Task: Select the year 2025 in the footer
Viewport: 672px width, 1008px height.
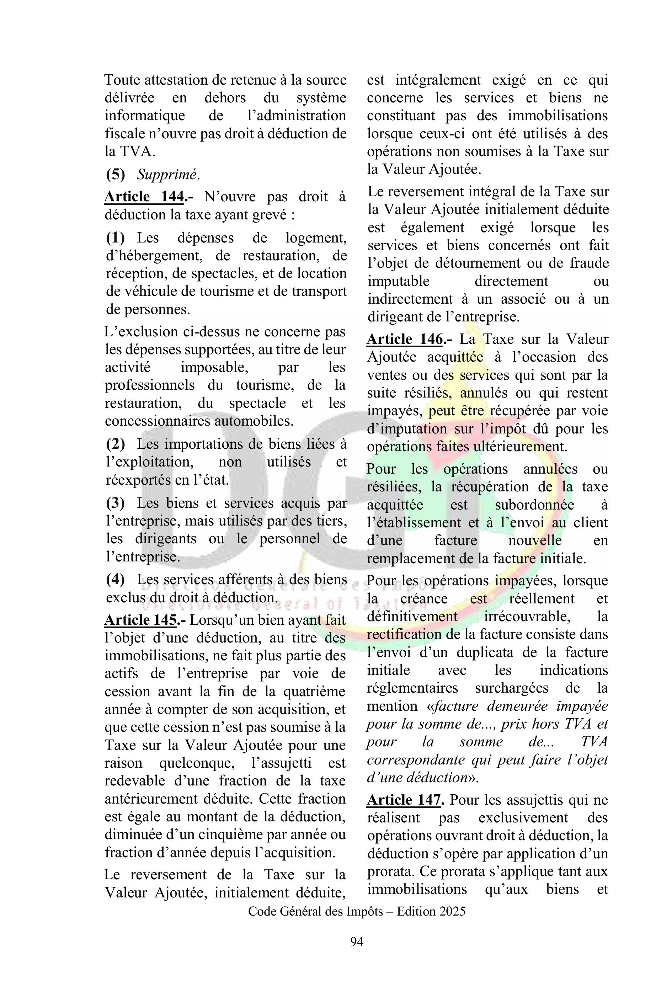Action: click(x=450, y=911)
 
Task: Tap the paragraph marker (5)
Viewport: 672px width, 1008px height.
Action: click(x=115, y=175)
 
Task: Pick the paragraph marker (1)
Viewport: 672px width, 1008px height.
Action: click(x=115, y=238)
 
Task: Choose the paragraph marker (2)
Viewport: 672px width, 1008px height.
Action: click(x=115, y=444)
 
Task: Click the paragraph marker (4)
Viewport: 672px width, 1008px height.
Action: click(x=115, y=580)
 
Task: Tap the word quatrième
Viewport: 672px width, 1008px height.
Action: click(x=314, y=691)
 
